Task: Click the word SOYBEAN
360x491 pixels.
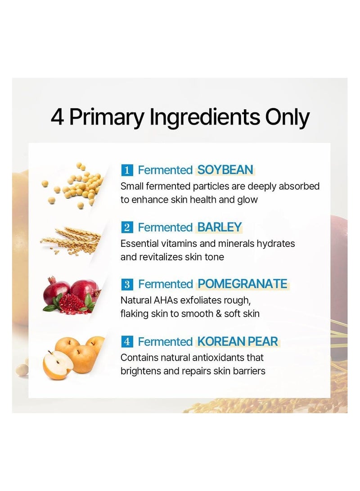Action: click(x=225, y=170)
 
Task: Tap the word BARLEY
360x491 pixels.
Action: click(x=219, y=227)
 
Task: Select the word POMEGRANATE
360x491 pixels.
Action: click(x=243, y=284)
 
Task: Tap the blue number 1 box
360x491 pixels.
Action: click(x=127, y=170)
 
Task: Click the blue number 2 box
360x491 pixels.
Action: click(x=127, y=228)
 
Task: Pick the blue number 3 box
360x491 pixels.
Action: click(x=127, y=284)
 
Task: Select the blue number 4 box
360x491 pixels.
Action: click(x=127, y=342)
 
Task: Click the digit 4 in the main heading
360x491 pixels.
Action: click(x=57, y=117)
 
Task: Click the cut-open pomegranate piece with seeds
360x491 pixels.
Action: click(x=72, y=304)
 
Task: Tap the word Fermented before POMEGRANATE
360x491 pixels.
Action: click(x=166, y=284)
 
